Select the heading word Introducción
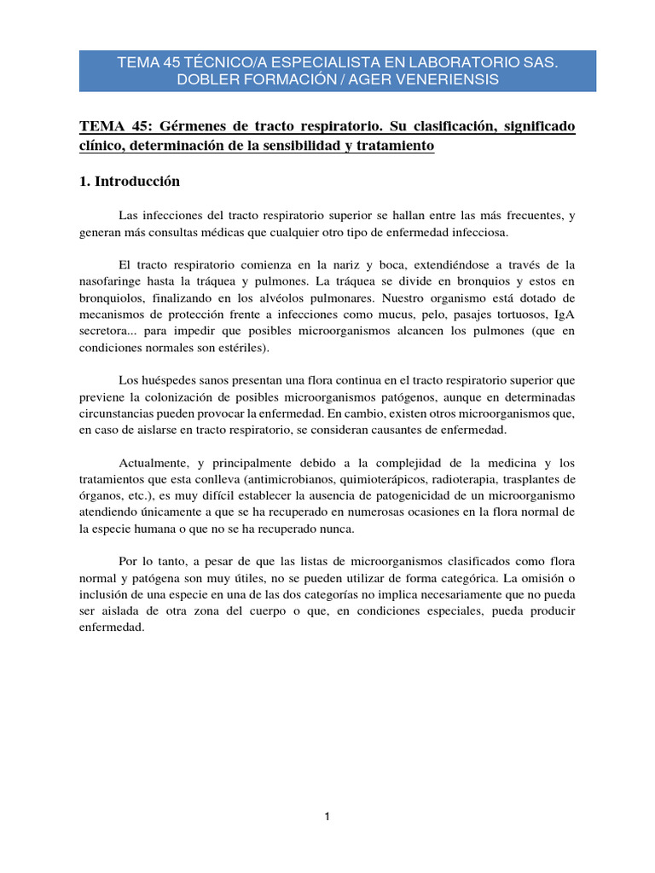click(138, 182)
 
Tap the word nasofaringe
click(114, 280)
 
